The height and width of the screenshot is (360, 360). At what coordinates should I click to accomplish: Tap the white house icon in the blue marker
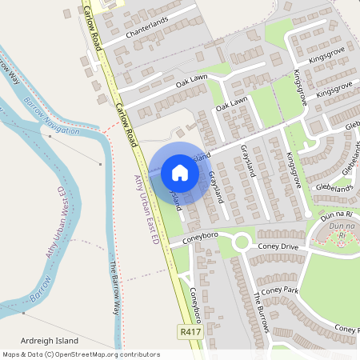click(x=180, y=173)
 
